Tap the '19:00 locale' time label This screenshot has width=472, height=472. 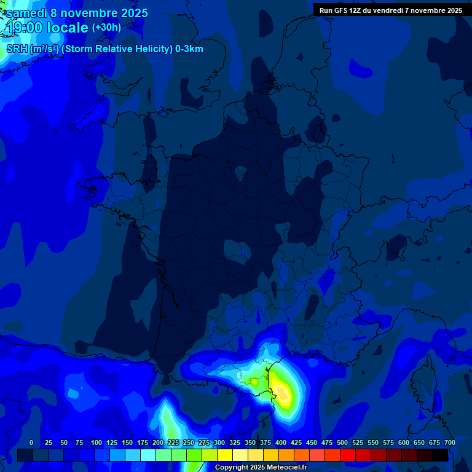tap(47, 28)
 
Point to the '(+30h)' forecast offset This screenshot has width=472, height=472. tap(106, 28)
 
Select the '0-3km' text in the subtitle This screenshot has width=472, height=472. tap(189, 49)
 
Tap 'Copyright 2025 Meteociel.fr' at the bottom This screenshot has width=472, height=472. tap(261, 468)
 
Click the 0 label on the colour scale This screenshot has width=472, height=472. tap(31, 442)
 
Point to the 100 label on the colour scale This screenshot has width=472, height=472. tap(96, 442)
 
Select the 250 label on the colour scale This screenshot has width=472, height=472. tap(189, 442)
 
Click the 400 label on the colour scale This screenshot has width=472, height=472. tap(281, 442)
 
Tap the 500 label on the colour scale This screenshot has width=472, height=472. tap(342, 442)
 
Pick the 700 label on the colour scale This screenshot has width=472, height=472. tap(449, 442)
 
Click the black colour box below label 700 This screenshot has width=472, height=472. tap(440, 455)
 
